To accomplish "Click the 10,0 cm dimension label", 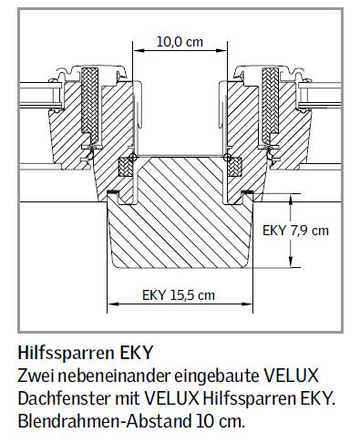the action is (x=180, y=41).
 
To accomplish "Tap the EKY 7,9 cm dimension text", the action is (x=294, y=230).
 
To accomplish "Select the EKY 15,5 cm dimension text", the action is (x=180, y=294).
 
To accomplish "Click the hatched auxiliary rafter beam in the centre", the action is (x=180, y=214).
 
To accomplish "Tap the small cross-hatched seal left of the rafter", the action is (x=128, y=169).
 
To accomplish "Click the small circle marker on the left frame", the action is (x=133, y=158).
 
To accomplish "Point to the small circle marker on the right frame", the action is (x=226, y=158).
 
